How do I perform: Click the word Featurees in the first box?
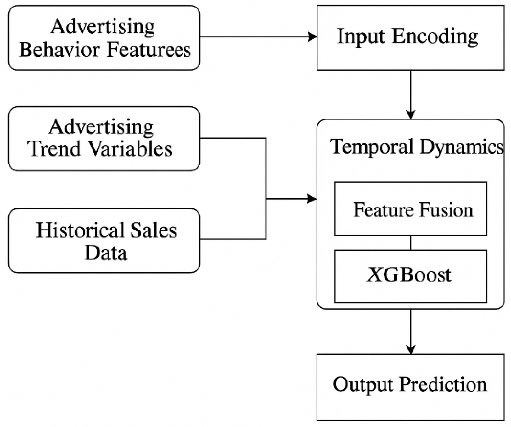click(149, 50)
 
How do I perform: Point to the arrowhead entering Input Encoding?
click(312, 37)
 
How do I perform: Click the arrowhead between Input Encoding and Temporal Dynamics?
click(411, 114)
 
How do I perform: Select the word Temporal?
click(371, 147)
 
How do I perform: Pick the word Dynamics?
click(461, 147)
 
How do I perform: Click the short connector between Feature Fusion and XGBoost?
click(411, 243)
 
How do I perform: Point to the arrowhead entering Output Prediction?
click(411, 349)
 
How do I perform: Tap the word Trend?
click(54, 149)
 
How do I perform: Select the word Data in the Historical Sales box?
click(106, 252)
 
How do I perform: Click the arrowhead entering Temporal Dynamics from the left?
click(312, 199)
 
